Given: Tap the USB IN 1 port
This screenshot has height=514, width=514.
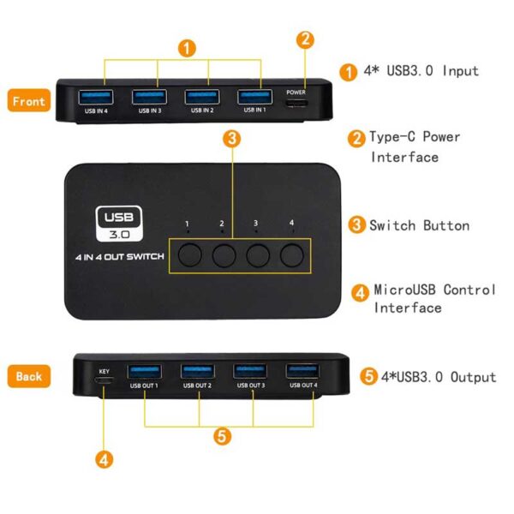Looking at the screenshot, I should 254,95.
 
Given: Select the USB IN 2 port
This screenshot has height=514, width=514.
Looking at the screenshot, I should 202,95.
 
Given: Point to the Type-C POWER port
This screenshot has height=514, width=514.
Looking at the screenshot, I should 296,105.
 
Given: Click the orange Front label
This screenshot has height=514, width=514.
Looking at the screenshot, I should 28,100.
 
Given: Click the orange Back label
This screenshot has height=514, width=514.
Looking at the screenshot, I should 28,375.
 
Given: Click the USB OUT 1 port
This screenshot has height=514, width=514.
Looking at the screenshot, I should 143,371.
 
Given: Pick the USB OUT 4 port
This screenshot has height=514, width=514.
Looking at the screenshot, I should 302,371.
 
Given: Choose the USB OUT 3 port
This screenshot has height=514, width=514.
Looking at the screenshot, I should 249,371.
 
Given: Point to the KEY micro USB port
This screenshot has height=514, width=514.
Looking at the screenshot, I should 105,384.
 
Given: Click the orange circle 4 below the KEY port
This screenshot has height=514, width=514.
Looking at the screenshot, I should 105,460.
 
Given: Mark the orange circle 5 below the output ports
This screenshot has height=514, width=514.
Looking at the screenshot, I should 223,436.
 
